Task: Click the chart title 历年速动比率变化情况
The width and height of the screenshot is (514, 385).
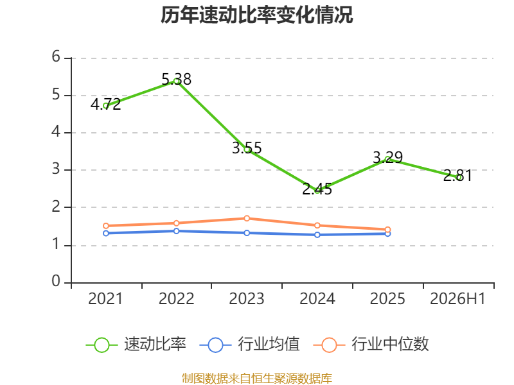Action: (256, 15)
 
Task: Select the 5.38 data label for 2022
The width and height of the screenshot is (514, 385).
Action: (176, 79)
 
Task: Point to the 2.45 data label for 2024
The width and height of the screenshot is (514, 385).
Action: (317, 189)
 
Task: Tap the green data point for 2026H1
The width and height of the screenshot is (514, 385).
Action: (458, 178)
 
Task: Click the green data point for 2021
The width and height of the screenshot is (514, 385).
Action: (106, 106)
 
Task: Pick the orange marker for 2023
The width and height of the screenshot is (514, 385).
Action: (247, 218)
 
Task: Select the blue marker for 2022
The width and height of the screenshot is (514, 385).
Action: (176, 231)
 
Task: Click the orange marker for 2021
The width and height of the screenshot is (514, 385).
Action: (106, 226)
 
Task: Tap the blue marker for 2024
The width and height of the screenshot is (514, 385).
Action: (317, 235)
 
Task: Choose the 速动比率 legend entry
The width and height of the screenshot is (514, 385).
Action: (136, 345)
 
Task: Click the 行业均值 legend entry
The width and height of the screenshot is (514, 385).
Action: (250, 345)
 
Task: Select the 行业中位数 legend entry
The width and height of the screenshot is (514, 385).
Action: (371, 345)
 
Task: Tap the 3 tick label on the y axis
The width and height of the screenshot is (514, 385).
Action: (56, 169)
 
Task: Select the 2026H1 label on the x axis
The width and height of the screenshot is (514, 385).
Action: (457, 299)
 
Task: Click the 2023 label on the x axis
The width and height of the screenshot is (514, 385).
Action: (247, 299)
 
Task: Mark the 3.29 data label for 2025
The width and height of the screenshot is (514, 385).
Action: (388, 157)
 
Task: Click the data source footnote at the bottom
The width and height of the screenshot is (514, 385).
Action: (257, 379)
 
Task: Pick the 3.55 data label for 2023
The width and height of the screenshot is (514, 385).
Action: (247, 148)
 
